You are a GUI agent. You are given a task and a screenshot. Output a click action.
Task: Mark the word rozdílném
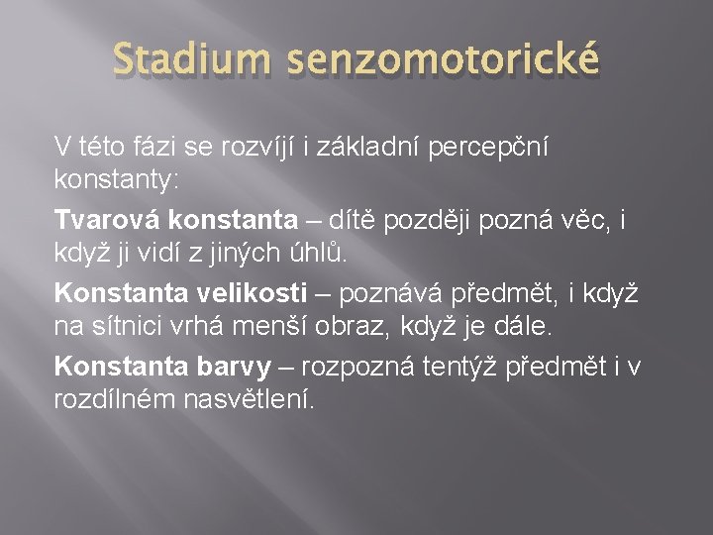pyautogui.click(x=113, y=400)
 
